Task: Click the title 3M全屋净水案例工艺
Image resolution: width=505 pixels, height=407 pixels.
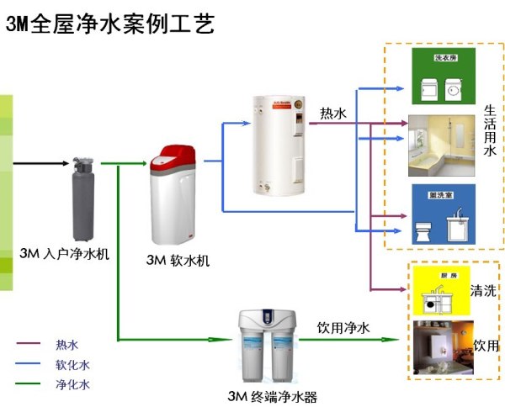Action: (x=109, y=23)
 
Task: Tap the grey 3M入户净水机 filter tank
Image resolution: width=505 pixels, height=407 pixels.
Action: (x=82, y=197)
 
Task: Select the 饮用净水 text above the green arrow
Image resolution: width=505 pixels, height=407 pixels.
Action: (x=343, y=326)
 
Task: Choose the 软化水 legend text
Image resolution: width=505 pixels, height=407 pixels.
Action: (x=72, y=364)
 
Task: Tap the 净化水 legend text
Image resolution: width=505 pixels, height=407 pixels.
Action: (x=72, y=384)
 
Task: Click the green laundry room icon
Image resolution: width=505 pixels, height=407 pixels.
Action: (x=443, y=76)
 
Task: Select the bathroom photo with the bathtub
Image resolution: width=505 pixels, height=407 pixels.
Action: (x=442, y=146)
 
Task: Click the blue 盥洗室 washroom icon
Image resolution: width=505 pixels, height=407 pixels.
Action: (x=443, y=214)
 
